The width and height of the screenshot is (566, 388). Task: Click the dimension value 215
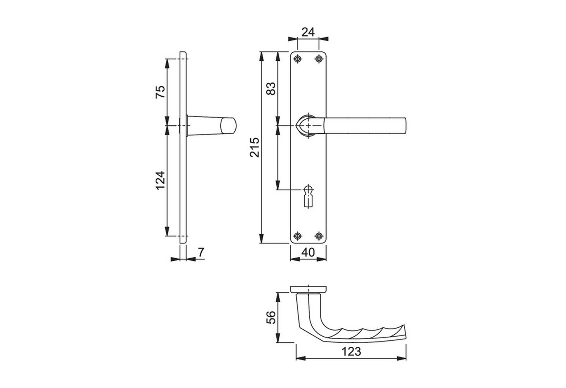click(x=255, y=147)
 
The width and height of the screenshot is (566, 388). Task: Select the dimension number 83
click(x=271, y=89)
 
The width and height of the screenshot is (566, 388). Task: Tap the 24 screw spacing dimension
click(x=308, y=32)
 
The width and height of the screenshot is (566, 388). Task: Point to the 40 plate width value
click(x=308, y=252)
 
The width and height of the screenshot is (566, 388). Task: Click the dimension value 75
click(x=160, y=92)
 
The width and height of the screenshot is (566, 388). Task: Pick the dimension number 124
click(x=160, y=181)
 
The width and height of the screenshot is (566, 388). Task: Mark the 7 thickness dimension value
click(x=201, y=252)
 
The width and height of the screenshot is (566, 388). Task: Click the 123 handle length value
click(x=351, y=351)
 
